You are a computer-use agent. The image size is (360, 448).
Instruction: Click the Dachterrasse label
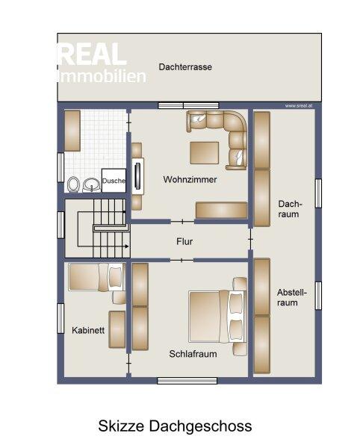185,67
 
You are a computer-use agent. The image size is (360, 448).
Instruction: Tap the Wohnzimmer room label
190,179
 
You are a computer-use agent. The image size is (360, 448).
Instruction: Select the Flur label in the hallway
184,241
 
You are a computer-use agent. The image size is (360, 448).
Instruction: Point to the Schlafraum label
193,354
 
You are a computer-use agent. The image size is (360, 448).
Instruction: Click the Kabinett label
88,330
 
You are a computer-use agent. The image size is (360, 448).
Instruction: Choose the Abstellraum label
292,297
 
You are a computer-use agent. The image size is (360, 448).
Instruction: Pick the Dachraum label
290,209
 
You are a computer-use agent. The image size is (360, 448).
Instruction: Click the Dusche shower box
114,181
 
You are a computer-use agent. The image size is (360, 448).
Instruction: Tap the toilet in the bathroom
73,184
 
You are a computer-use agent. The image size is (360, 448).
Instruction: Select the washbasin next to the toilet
92,185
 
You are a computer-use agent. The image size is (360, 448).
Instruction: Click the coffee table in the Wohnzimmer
205,153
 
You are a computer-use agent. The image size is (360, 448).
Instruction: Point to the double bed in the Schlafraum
217,317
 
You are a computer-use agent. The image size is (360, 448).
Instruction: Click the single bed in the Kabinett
97,277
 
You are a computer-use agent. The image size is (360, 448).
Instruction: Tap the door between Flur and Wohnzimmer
182,222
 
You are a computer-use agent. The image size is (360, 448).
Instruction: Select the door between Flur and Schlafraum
182,260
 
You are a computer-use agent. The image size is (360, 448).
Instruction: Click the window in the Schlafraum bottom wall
187,381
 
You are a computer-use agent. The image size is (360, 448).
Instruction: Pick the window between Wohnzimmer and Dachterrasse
188,106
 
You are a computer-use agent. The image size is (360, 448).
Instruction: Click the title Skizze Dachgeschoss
175,426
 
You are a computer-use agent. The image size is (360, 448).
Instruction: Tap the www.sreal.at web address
299,106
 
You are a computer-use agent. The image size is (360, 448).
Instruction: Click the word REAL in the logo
92,55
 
